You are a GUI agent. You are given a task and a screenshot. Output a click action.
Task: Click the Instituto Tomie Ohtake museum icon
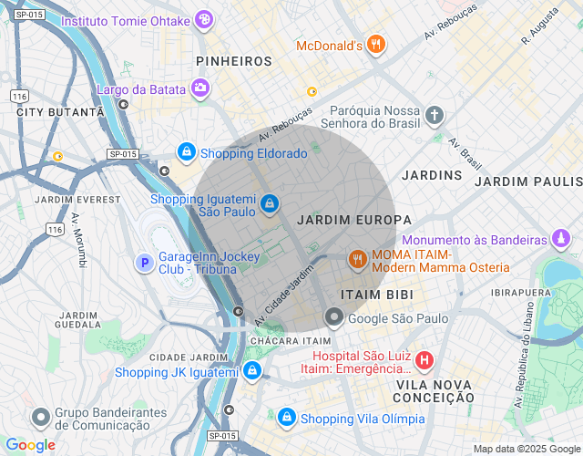coord(205,19)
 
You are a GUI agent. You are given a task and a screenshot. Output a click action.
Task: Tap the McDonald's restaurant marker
coord(376,45)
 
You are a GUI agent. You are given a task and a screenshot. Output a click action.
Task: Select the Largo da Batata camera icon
coord(199,88)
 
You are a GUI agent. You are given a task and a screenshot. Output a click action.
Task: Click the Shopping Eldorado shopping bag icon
coord(186,151)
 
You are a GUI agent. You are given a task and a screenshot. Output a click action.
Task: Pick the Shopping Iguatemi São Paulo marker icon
coord(270,203)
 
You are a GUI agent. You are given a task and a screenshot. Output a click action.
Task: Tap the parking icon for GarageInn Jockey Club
coord(144,263)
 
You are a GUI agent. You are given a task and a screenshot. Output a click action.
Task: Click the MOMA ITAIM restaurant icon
coord(358,260)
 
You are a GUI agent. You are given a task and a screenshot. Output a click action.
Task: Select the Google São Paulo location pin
coord(334,318)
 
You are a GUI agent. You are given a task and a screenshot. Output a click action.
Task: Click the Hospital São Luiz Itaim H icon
coord(424,361)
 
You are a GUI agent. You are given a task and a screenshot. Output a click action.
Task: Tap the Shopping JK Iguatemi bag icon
coord(252,371)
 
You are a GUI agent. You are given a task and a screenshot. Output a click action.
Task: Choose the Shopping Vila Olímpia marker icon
coord(286,417)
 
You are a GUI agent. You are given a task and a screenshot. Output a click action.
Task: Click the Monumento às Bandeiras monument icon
coord(562,240)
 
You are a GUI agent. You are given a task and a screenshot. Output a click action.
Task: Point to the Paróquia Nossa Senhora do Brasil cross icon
coord(435,115)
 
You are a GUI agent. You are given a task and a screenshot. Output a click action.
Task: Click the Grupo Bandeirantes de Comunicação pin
coord(40,417)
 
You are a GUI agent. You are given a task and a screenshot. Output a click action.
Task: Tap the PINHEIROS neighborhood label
coord(234,61)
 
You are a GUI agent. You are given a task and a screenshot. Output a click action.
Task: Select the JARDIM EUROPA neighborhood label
coord(354,221)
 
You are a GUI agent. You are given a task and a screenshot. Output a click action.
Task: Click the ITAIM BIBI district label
coord(377,295)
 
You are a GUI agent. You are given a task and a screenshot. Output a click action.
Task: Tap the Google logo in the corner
coord(29,444)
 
